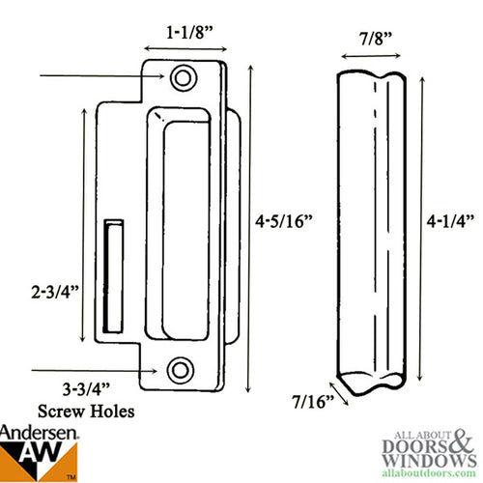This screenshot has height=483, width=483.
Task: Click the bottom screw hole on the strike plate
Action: (178, 369)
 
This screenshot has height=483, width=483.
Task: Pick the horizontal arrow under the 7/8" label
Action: (367, 57)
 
